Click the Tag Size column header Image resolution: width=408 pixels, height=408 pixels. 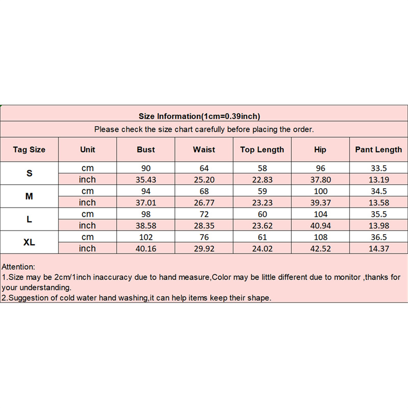[x=29, y=150]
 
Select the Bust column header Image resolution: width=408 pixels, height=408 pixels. [x=146, y=150]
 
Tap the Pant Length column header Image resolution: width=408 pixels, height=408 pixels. [x=378, y=150]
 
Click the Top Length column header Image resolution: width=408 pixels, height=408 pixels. [x=262, y=150]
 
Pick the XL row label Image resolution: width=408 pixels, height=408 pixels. [x=29, y=243]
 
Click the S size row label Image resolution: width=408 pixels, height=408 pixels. [x=29, y=173]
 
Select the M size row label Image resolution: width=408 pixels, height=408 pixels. [x=29, y=196]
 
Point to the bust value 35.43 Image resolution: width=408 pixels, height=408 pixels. [x=146, y=180]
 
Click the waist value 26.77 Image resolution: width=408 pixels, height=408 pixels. [x=204, y=202]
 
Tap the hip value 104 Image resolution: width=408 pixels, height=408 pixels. [x=320, y=214]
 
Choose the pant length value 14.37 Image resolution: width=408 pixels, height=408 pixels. [x=378, y=249]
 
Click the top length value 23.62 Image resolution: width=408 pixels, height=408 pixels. [x=262, y=225]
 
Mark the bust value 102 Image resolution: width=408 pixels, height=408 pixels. [x=146, y=237]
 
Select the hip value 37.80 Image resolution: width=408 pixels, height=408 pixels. [x=320, y=180]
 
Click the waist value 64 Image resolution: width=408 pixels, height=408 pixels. [x=204, y=168]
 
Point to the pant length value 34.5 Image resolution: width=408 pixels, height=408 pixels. [x=378, y=191]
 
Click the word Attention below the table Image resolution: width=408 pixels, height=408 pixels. [x=18, y=267]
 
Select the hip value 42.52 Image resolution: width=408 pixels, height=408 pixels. [x=320, y=249]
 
